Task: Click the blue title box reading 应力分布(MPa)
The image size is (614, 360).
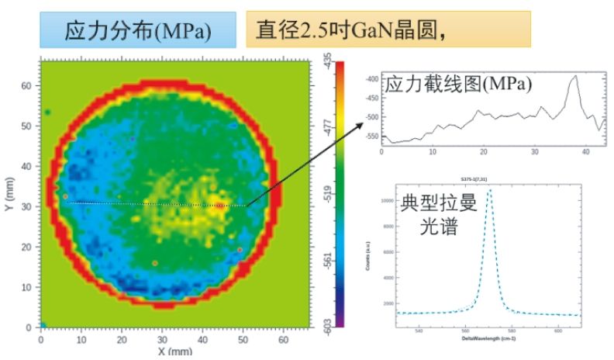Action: (138, 33)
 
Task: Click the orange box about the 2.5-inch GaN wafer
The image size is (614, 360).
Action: (388, 29)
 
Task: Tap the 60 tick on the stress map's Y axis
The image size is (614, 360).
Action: (26, 85)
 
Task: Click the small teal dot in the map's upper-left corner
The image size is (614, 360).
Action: (47, 112)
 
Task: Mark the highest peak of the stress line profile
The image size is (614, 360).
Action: (574, 76)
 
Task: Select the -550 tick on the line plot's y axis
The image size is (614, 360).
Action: (370, 137)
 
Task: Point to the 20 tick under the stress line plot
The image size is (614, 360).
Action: (484, 151)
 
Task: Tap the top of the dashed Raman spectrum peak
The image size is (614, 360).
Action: (490, 191)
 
